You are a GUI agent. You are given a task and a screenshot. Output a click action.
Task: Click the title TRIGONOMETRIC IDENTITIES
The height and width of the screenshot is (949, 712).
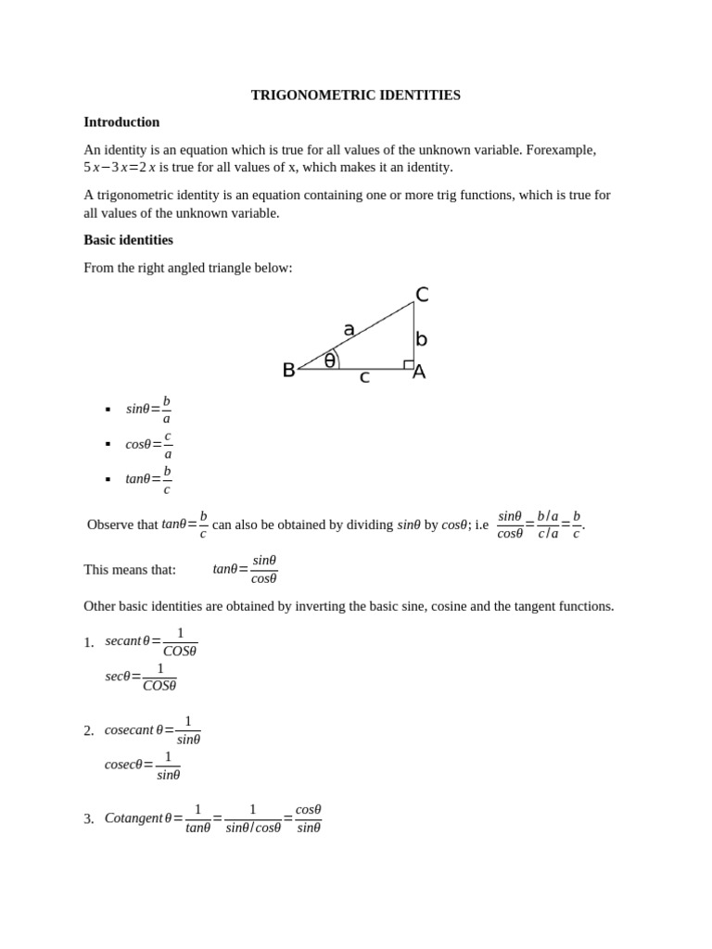(x=355, y=95)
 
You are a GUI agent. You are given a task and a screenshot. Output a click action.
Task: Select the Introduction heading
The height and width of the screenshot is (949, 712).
(x=121, y=122)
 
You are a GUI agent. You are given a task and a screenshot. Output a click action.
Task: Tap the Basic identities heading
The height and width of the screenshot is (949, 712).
(x=128, y=240)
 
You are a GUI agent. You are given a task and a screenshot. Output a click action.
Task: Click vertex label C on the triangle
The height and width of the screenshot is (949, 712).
(x=422, y=295)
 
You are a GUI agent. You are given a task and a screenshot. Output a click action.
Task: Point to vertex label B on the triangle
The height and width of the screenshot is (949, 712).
(x=288, y=371)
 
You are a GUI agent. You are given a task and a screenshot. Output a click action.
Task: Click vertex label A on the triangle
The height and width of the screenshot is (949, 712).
(x=419, y=372)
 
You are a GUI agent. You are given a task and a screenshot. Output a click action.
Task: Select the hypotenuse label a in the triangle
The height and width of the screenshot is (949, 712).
(x=349, y=329)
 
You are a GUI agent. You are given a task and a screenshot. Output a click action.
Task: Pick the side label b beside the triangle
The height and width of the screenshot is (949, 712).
(x=421, y=339)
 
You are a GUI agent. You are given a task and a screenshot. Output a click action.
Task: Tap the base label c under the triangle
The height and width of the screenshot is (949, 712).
(x=364, y=377)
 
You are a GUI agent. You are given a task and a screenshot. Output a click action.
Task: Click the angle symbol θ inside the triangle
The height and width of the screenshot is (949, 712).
(x=329, y=361)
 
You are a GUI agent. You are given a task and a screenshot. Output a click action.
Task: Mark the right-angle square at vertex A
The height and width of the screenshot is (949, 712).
(x=409, y=364)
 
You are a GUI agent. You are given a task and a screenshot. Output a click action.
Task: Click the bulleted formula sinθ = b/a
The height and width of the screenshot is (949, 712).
(x=148, y=409)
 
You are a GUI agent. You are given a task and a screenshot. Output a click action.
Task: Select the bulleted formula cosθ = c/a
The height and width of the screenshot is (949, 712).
(x=148, y=444)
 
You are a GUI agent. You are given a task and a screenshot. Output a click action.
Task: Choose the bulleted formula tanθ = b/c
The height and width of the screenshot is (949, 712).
(x=148, y=479)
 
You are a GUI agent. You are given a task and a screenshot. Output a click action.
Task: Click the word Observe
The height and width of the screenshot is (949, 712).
(x=109, y=525)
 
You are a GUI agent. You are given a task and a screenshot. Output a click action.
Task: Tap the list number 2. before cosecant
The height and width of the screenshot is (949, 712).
(x=89, y=731)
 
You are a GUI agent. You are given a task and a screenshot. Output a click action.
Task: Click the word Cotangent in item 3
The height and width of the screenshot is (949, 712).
(x=133, y=818)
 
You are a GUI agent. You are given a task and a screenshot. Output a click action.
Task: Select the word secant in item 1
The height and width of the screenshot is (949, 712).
(x=122, y=640)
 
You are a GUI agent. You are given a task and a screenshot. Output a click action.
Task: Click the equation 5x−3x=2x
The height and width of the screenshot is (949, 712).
(x=120, y=168)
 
